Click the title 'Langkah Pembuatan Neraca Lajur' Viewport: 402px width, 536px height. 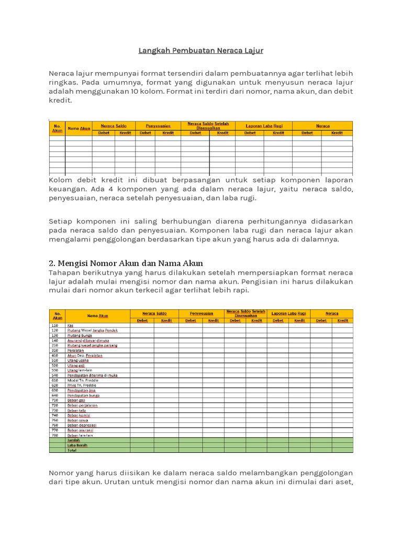tap(200, 51)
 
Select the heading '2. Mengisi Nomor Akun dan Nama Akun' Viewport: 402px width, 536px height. tap(126, 263)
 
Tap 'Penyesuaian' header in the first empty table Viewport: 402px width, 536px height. tap(158, 126)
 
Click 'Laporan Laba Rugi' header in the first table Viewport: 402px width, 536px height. tap(264, 126)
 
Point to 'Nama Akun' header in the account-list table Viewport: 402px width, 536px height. tap(97, 316)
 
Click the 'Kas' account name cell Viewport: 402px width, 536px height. tap(70, 326)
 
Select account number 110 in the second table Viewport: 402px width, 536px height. tap(54, 326)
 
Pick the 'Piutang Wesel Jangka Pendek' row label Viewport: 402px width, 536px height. tap(92, 330)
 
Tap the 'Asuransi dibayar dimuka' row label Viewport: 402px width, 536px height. tap(88, 340)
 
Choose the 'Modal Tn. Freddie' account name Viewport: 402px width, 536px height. tap(82, 380)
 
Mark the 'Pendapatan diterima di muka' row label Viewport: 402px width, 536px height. tap(92, 375)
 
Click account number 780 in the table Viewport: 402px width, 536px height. tap(54, 435)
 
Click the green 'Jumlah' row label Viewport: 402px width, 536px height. tap(74, 440)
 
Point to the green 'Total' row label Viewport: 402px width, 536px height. tap(72, 450)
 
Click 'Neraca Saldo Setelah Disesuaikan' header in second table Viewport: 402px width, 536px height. tap(245, 313)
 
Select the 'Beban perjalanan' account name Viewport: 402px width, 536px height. tap(82, 405)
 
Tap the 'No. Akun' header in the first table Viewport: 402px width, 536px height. tap(57, 128)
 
